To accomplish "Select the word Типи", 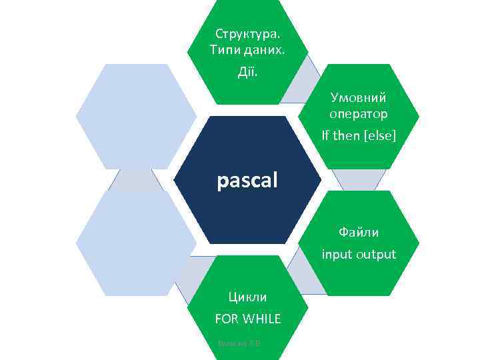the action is [225, 50].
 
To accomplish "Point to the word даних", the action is [263, 50].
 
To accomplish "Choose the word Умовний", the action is [358, 97].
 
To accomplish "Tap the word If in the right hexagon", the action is [326, 135].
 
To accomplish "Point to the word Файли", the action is [358, 233].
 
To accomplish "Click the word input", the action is [337, 254].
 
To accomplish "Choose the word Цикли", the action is [247, 297].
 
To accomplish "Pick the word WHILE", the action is [262, 319].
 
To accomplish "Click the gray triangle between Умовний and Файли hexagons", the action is [358, 179].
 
